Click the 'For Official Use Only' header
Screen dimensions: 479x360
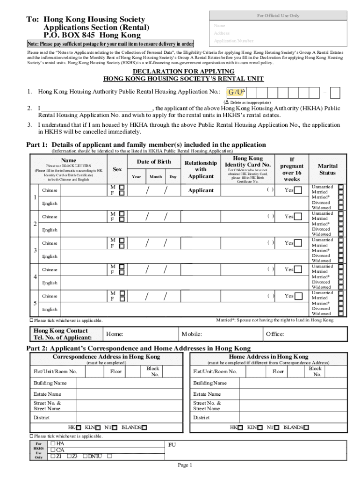click(x=278, y=15)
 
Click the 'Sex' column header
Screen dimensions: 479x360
click(x=117, y=169)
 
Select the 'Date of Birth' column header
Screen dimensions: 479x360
click(x=154, y=162)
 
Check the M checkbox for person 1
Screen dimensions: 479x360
click(x=122, y=187)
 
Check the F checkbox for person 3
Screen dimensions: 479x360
click(x=122, y=246)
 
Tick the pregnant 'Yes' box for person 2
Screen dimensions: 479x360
click(x=298, y=217)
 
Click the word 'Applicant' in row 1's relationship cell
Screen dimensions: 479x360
click(x=201, y=190)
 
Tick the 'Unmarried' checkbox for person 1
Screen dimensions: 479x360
click(x=341, y=187)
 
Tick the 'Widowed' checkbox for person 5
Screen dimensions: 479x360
click(x=341, y=314)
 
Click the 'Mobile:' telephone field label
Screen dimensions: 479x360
click(x=192, y=334)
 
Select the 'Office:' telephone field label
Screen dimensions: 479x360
click(x=275, y=334)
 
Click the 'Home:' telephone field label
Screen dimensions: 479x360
click(x=115, y=334)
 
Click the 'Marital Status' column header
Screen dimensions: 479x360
click(x=327, y=169)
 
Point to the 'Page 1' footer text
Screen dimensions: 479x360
click(x=185, y=465)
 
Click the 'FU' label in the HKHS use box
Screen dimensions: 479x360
click(x=172, y=445)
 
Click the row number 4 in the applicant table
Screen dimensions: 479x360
click(x=35, y=276)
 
